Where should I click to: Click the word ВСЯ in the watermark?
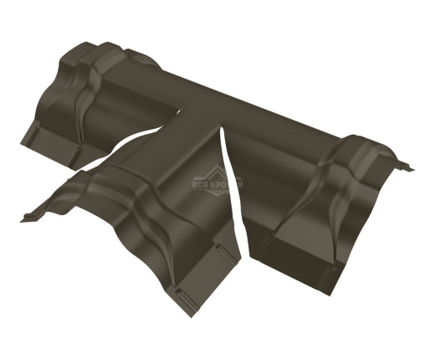200,185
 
